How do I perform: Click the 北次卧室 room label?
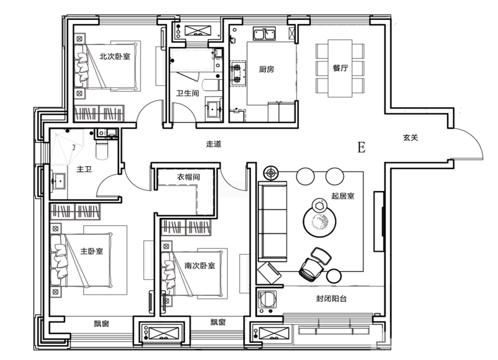pos(115,56)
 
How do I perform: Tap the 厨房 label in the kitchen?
pos(267,69)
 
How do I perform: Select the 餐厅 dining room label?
pos(340,68)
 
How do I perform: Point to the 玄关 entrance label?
pos(411,138)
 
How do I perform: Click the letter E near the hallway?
pos(361,147)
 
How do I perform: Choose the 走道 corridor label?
pos(214,144)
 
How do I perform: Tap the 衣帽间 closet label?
pos(188,177)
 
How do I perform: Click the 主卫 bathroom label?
pos(84,169)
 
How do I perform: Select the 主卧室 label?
pos(92,251)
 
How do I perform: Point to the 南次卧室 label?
pos(200,265)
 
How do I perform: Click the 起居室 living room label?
pos(343,196)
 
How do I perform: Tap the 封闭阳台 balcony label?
pos(331,299)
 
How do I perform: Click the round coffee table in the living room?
pos(319,222)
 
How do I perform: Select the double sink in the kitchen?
pos(264,34)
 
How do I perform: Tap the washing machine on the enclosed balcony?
pos(267,301)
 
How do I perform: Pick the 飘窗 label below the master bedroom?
pos(102,323)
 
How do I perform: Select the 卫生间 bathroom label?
pos(188,93)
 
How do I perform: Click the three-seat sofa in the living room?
pos(273,221)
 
